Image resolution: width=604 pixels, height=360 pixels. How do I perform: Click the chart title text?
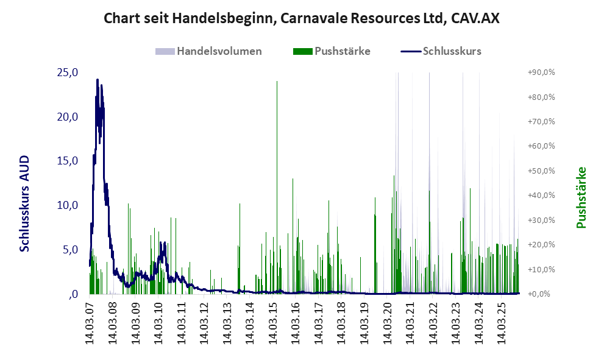tap(301, 18)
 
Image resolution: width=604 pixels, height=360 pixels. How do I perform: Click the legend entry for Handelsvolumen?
tap(219, 51)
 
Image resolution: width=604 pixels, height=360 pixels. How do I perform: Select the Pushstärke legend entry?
tap(342, 51)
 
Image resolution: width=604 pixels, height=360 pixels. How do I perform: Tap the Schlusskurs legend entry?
tap(452, 51)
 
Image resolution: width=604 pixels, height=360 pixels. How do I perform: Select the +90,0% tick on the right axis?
tap(541, 72)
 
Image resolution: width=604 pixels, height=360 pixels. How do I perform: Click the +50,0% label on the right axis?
tap(541, 171)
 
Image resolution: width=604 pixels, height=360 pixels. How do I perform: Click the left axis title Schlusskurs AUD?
tap(24, 203)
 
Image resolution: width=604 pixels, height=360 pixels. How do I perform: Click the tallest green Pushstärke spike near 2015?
tap(277, 82)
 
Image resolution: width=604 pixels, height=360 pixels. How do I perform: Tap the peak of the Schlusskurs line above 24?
tap(97, 80)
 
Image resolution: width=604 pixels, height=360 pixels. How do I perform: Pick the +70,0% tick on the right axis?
tap(541, 122)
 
